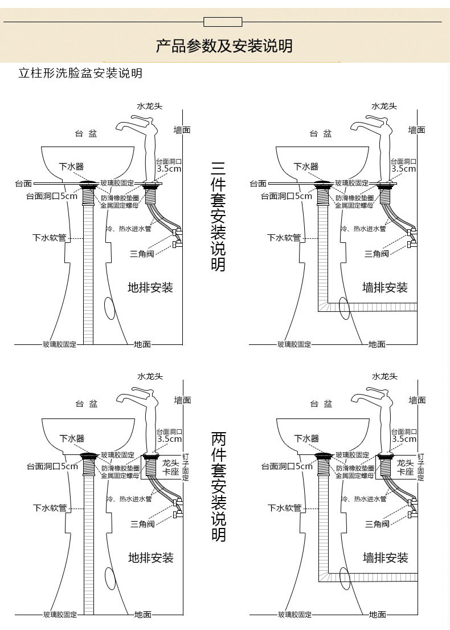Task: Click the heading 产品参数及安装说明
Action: pyautogui.click(x=224, y=46)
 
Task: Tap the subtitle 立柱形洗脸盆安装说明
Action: pyautogui.click(x=80, y=73)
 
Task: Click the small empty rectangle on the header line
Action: pyautogui.click(x=223, y=22)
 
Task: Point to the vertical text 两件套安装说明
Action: pyautogui.click(x=219, y=486)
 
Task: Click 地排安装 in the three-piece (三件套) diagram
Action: pyautogui.click(x=150, y=288)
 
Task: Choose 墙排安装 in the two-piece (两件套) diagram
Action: pyautogui.click(x=386, y=558)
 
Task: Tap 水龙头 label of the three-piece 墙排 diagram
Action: pyautogui.click(x=384, y=106)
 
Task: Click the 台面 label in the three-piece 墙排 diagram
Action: pyautogui.click(x=258, y=184)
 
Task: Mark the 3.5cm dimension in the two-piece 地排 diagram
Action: pyautogui.click(x=170, y=439)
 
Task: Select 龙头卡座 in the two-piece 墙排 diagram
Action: pyautogui.click(x=406, y=468)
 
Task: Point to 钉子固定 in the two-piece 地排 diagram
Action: pyautogui.click(x=186, y=468)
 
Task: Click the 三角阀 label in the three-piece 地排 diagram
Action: pyautogui.click(x=142, y=254)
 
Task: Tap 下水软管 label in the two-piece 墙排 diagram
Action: pyautogui.click(x=285, y=508)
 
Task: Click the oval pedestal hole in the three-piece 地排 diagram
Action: pyautogui.click(x=109, y=308)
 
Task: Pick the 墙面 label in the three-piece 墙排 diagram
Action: pyautogui.click(x=417, y=130)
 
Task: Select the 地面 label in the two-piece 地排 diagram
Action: pyautogui.click(x=142, y=615)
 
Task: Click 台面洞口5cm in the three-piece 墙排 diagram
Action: pyautogui.click(x=286, y=196)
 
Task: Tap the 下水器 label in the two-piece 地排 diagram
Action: pyautogui.click(x=72, y=438)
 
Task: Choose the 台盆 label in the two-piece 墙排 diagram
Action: pyautogui.click(x=321, y=404)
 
